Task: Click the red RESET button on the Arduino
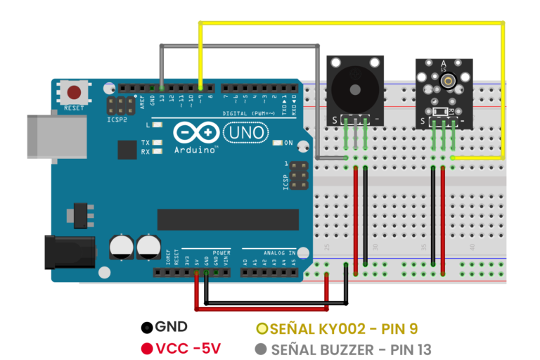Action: (74, 93)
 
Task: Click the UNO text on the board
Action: (245, 132)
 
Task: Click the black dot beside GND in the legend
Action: (147, 328)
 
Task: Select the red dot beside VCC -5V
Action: (147, 349)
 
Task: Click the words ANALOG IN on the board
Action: (281, 251)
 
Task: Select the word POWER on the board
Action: (221, 251)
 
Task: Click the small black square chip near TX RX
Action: (127, 150)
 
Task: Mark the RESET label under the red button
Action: (74, 109)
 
